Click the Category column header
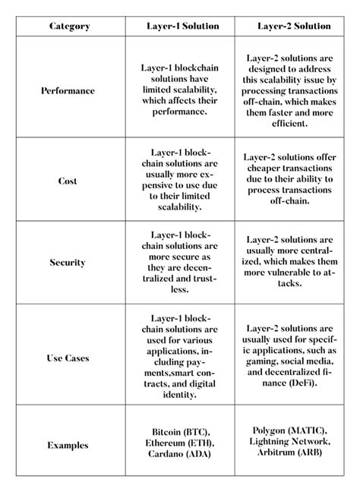(69, 26)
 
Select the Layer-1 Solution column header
(182, 26)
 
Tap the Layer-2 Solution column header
(294, 26)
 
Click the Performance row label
(68, 90)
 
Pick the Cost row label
(68, 181)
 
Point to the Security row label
(68, 263)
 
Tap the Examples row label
(68, 445)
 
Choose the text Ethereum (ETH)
(182, 444)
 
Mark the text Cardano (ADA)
(182, 455)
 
